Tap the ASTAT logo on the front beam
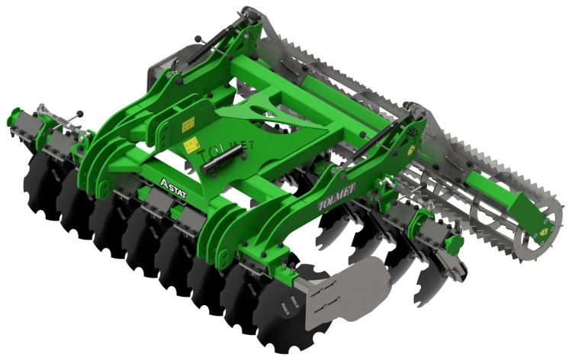coord(173,188)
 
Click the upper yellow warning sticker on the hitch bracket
coord(188,124)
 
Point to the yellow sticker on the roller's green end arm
coord(544,231)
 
